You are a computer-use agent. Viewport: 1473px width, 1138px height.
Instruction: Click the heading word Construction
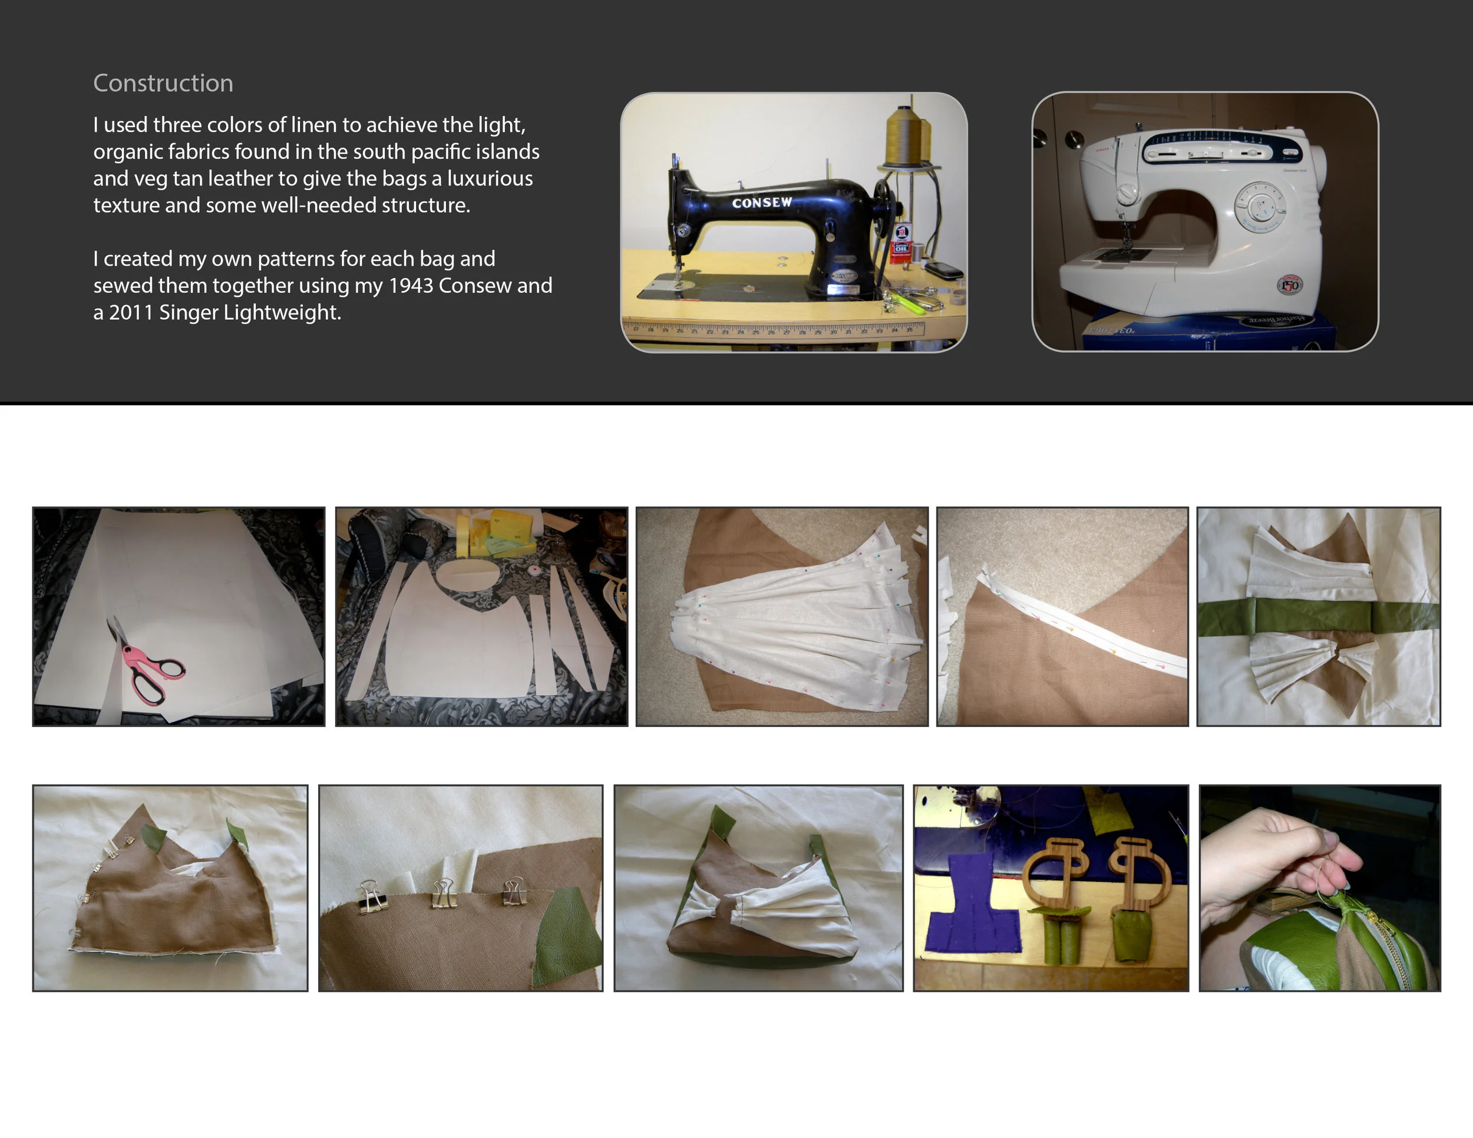[163, 83]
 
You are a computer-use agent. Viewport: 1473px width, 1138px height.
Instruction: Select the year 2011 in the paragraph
[131, 313]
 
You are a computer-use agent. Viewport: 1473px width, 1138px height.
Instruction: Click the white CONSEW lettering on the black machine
[761, 202]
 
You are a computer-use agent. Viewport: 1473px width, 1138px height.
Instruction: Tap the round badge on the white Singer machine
[1289, 285]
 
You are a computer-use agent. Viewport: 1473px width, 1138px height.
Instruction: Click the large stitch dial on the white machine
[1259, 205]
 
